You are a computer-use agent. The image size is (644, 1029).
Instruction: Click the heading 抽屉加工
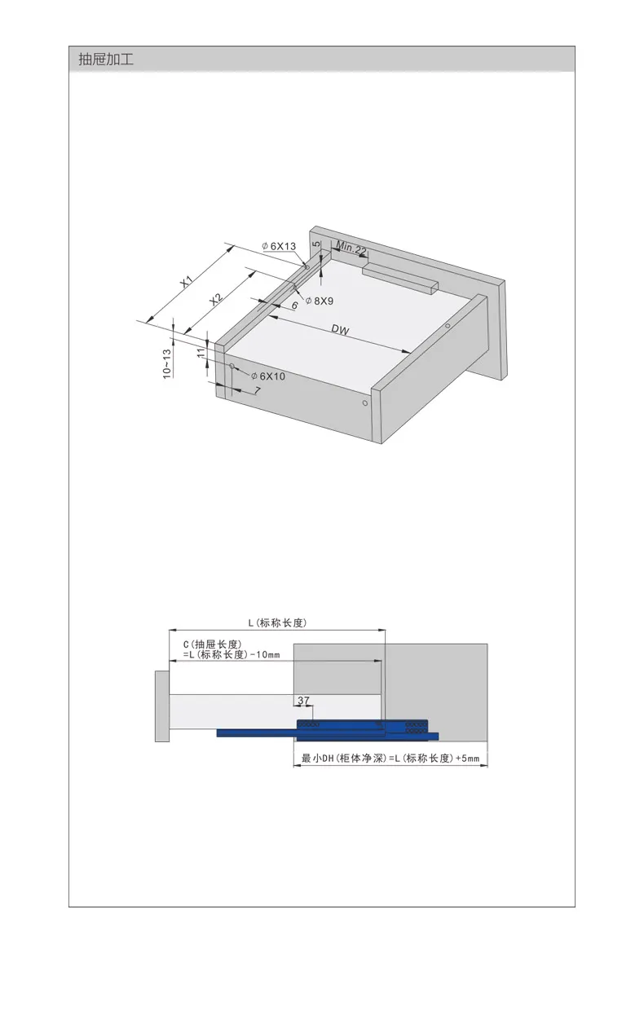106,59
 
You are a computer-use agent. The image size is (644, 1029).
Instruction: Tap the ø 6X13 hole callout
279,246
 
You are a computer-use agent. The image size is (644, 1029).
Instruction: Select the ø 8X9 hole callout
320,301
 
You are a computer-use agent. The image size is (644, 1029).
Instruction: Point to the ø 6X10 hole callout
268,376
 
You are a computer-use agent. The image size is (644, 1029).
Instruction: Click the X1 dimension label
186,282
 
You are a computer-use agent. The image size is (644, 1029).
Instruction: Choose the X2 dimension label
215,300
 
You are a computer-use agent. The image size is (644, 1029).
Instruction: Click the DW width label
340,330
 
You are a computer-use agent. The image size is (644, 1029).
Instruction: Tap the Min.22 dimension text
351,248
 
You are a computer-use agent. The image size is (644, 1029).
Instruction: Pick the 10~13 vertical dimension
167,364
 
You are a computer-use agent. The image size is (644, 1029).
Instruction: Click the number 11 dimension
201,353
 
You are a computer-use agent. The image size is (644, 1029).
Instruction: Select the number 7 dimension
258,390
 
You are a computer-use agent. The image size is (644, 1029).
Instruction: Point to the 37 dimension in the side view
303,701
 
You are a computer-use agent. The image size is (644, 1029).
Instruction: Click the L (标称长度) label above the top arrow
277,623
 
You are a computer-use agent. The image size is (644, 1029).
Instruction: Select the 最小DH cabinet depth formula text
390,758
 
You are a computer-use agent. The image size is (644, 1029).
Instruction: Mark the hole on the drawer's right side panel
365,402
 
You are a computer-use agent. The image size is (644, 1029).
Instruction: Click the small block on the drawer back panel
400,277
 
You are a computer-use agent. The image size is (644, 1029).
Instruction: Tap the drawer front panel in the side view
161,706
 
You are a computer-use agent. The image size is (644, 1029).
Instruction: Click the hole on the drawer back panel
448,326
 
